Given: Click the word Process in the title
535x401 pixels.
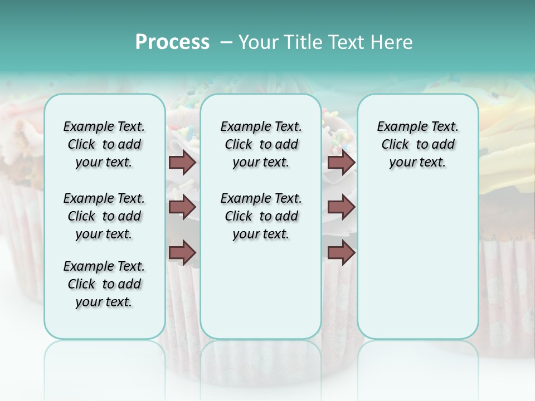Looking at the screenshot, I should [x=172, y=42].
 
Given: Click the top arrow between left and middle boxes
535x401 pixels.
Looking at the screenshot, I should [x=182, y=163].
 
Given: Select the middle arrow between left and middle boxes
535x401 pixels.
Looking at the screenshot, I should [x=182, y=207].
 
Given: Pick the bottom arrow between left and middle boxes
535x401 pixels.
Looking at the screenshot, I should [x=182, y=253].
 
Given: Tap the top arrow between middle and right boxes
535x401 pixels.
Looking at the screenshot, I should [x=341, y=163].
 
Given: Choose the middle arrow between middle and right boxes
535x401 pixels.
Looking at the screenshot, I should [x=341, y=207].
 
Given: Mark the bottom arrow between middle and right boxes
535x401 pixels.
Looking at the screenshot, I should [x=341, y=253].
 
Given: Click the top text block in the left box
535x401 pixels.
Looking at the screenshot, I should [x=104, y=144].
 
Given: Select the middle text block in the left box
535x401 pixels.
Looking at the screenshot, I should [x=104, y=216].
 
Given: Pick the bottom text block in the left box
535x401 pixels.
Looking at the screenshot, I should [x=104, y=284].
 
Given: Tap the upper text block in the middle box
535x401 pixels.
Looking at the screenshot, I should [x=261, y=144].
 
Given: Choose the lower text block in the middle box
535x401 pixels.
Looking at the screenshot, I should [x=261, y=216].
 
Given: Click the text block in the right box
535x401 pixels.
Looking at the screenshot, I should [x=417, y=144].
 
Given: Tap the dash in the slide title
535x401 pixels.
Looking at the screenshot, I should [x=227, y=43].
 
